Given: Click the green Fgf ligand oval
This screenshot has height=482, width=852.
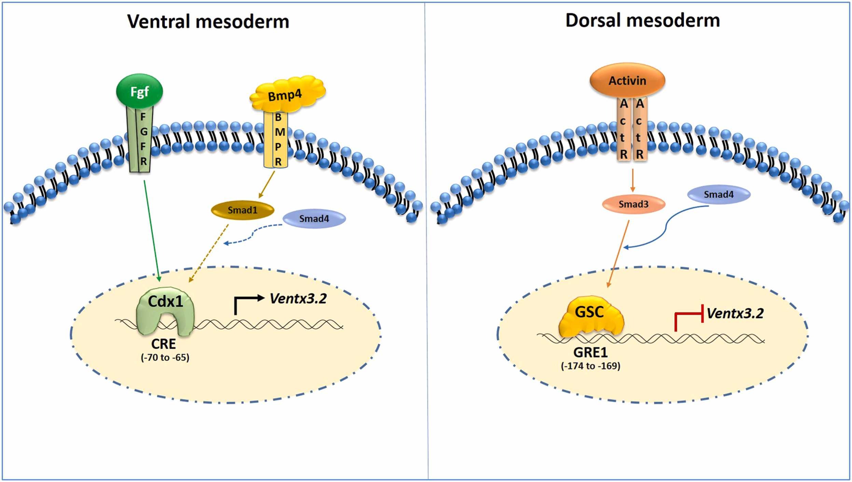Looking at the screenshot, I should tap(139, 91).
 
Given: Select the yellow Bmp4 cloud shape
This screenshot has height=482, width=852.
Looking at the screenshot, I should tap(287, 94).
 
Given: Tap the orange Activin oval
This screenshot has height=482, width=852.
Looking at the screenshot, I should tap(627, 81).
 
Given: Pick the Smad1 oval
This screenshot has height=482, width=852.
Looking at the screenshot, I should tap(242, 210).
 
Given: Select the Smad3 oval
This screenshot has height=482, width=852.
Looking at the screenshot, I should tap(633, 204).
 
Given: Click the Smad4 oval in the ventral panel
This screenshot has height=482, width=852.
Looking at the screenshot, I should tap(314, 219).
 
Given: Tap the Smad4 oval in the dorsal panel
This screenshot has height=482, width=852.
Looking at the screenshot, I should tap(718, 195).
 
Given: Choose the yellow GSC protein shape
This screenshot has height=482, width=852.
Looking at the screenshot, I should tap(591, 316).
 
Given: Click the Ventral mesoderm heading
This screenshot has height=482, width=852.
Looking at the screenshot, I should tap(208, 21).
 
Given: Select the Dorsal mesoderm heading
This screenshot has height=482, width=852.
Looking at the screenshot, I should tap(643, 20).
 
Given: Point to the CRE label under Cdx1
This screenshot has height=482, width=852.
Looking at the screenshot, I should tap(164, 344).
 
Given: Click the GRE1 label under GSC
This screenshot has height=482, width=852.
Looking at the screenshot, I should tap(590, 352).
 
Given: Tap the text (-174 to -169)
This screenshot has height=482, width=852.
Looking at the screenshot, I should tap(590, 366).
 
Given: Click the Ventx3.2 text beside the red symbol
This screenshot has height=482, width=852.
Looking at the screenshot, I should tap(735, 313).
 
